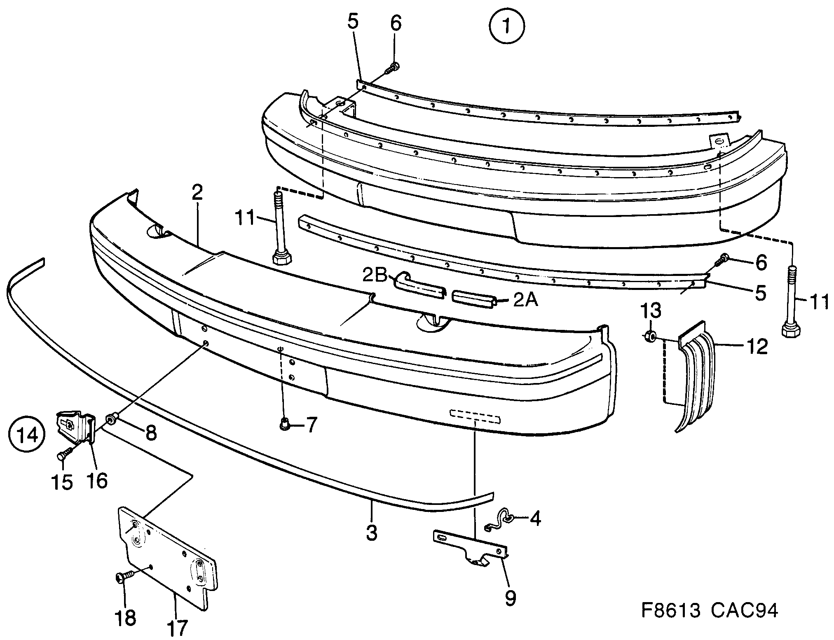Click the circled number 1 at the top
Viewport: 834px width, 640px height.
click(506, 26)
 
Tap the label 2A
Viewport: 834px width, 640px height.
click(526, 300)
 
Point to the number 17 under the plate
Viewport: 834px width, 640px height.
click(178, 628)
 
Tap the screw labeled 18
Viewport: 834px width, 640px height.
click(123, 577)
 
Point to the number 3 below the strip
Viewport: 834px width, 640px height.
click(371, 533)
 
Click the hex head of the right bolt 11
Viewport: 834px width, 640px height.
click(790, 330)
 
